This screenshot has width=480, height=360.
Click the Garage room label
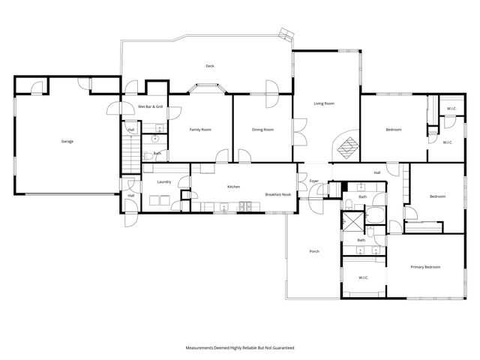pyautogui.click(x=67, y=141)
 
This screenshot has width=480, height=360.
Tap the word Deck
pyautogui.click(x=211, y=66)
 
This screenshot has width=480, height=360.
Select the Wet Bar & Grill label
pyautogui.click(x=150, y=107)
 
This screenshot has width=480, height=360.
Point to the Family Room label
pyautogui.click(x=200, y=130)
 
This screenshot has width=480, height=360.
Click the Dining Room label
pyautogui.click(x=262, y=130)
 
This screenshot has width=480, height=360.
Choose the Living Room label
pyautogui.click(x=323, y=103)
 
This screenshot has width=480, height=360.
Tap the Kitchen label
pyautogui.click(x=233, y=187)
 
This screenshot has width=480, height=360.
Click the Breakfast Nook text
pyautogui.click(x=277, y=194)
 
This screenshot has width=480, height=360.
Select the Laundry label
pyautogui.click(x=165, y=182)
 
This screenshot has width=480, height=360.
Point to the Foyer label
pyautogui.click(x=313, y=181)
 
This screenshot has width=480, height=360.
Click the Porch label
pyautogui.click(x=314, y=251)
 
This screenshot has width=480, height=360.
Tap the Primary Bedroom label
pyautogui.click(x=424, y=267)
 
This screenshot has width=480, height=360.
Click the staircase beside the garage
pyautogui.click(x=128, y=158)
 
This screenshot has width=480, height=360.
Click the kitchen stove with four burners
pyautogui.click(x=244, y=206)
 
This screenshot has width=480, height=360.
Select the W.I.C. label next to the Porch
pyautogui.click(x=363, y=277)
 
